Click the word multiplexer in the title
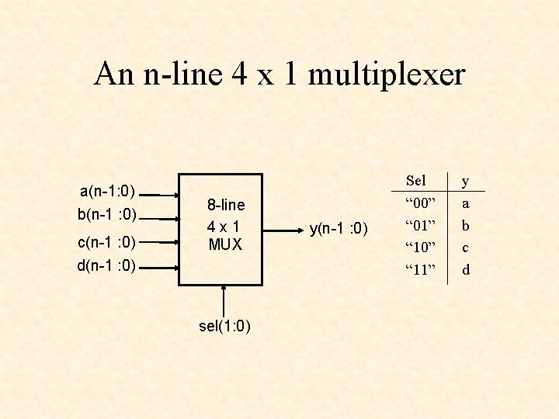(x=386, y=74)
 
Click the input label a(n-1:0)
(x=108, y=191)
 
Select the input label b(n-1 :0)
(x=107, y=213)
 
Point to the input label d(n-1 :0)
(x=107, y=266)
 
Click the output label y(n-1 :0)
(x=340, y=228)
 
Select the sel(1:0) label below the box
(x=224, y=326)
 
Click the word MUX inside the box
(x=225, y=244)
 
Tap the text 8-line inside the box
(x=225, y=205)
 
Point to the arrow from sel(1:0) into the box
(x=224, y=301)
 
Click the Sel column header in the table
(x=416, y=181)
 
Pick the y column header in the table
(x=466, y=182)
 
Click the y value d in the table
(x=466, y=270)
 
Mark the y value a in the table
(x=466, y=203)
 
